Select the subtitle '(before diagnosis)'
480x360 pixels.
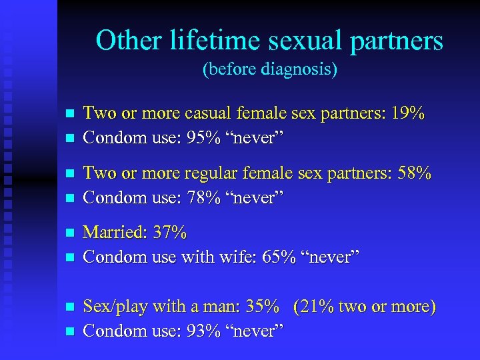coord(269,69)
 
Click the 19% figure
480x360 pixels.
coord(407,113)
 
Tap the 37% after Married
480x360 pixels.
coord(170,233)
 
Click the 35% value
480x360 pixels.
coord(261,307)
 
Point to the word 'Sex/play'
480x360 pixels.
coord(115,307)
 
